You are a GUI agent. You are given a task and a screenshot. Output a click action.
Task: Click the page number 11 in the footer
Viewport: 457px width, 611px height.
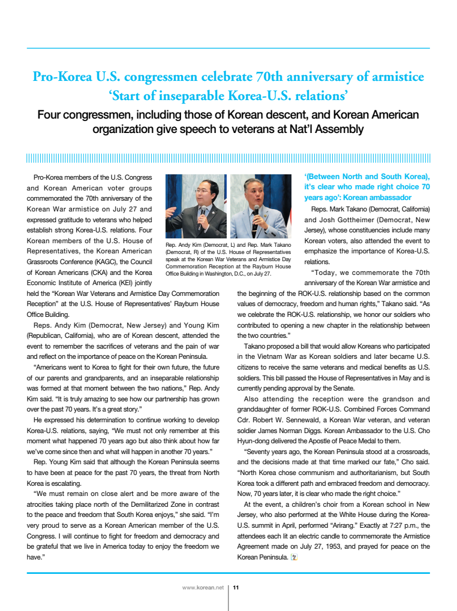pyautogui.click(x=236, y=588)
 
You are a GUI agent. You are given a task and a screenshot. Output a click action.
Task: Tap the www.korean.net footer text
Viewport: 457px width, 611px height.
pyautogui.click(x=203, y=588)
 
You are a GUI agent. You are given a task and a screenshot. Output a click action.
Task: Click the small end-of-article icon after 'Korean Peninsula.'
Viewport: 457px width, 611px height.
pyautogui.click(x=293, y=557)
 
